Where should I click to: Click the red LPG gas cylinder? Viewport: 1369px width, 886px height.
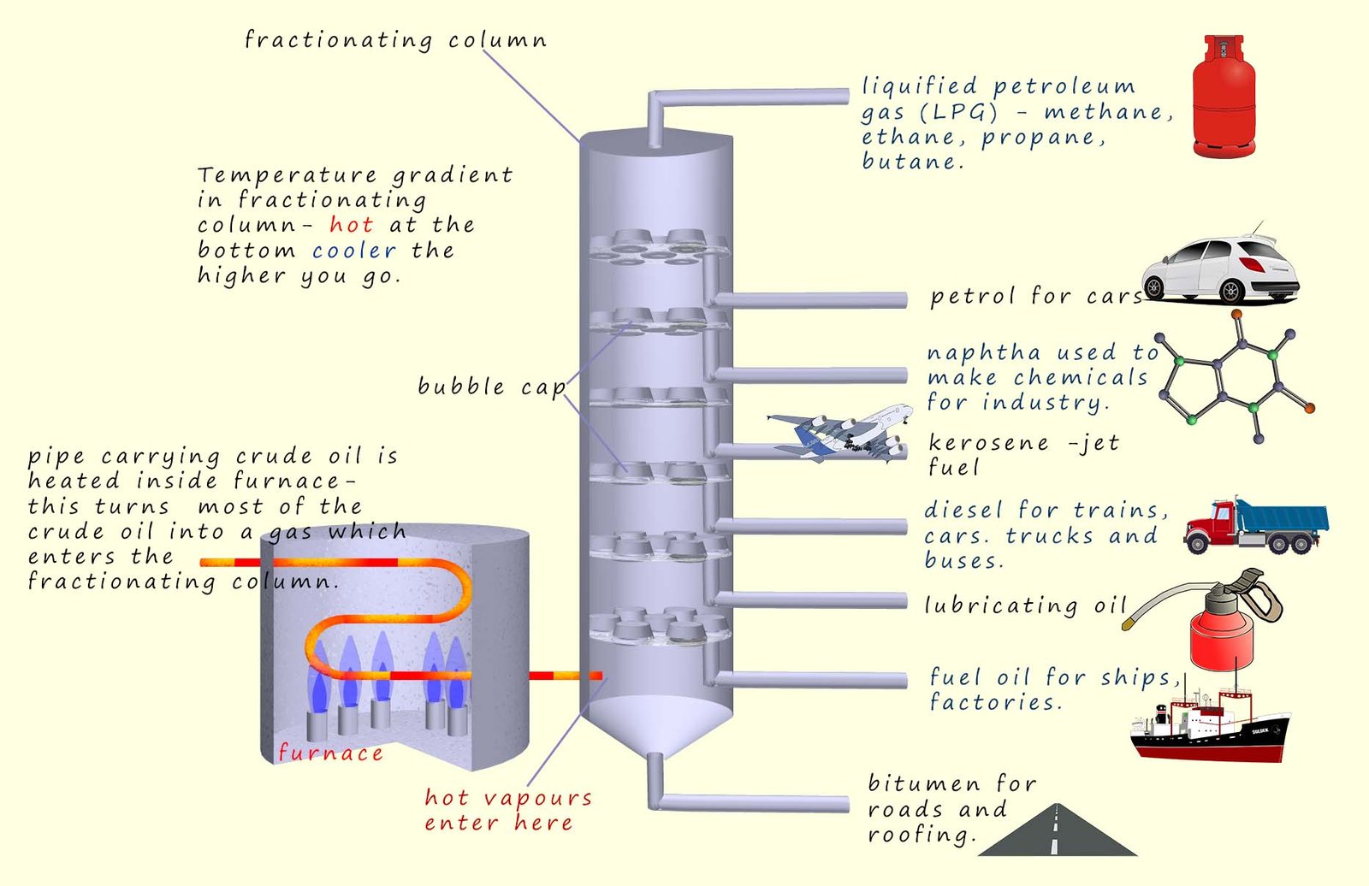pyautogui.click(x=1224, y=98)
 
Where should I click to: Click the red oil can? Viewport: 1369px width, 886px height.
pyautogui.click(x=1222, y=633)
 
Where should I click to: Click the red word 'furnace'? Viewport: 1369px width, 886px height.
pyautogui.click(x=330, y=753)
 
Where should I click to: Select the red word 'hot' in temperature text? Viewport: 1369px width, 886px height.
pyautogui.click(x=351, y=225)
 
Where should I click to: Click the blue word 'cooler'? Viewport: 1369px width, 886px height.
pyautogui.click(x=353, y=251)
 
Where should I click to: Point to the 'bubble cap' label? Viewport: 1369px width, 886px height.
pyautogui.click(x=491, y=387)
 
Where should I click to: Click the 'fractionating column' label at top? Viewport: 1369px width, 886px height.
pyautogui.click(x=395, y=40)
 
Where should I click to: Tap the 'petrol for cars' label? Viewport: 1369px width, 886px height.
pyautogui.click(x=1036, y=296)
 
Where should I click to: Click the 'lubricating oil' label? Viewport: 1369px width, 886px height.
pyautogui.click(x=1026, y=605)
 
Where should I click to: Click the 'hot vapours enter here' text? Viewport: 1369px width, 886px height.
pyautogui.click(x=508, y=810)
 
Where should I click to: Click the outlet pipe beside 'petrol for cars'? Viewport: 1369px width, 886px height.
pyautogui.click(x=809, y=299)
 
